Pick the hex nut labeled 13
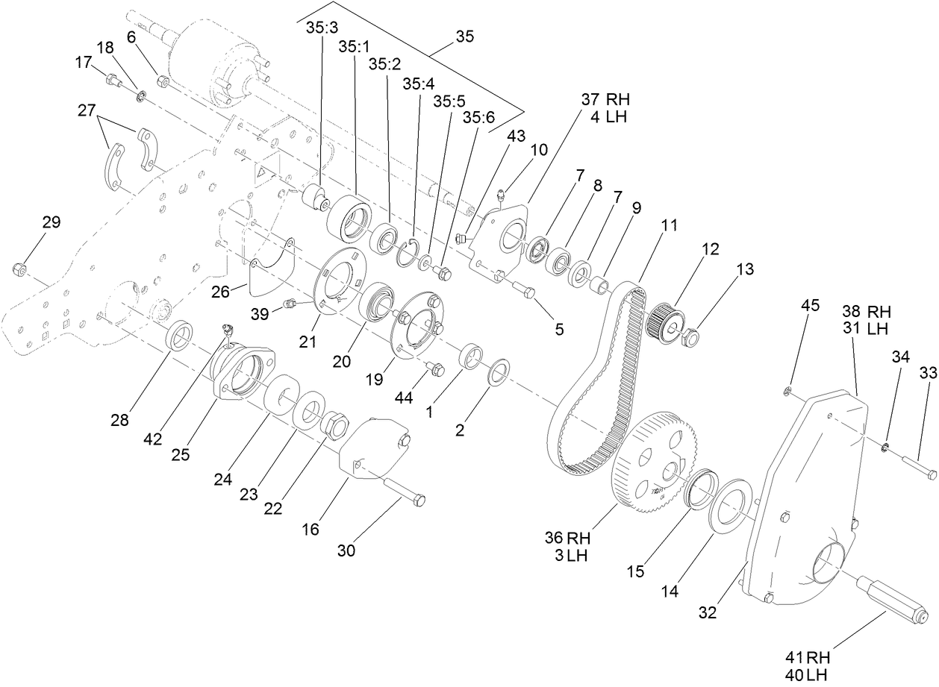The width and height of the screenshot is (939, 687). click(690, 337)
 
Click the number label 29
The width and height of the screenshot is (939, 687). click(52, 222)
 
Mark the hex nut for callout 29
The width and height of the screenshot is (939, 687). click(20, 268)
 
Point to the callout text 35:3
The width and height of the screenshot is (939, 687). click(321, 27)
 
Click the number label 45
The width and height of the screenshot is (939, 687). click(811, 305)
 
